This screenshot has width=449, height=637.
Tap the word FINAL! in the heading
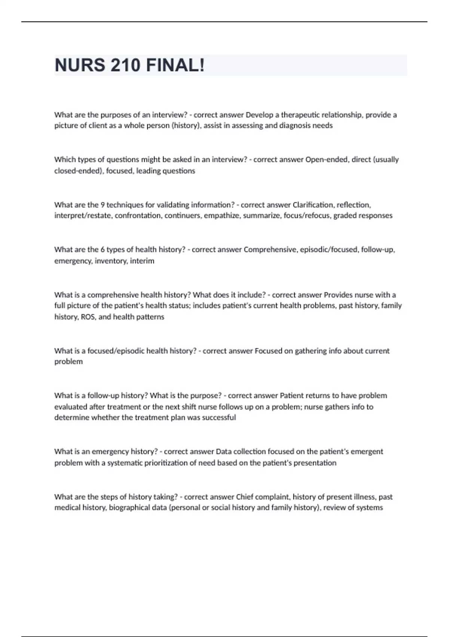[175, 65]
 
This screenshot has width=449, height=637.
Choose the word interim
[142, 261]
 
